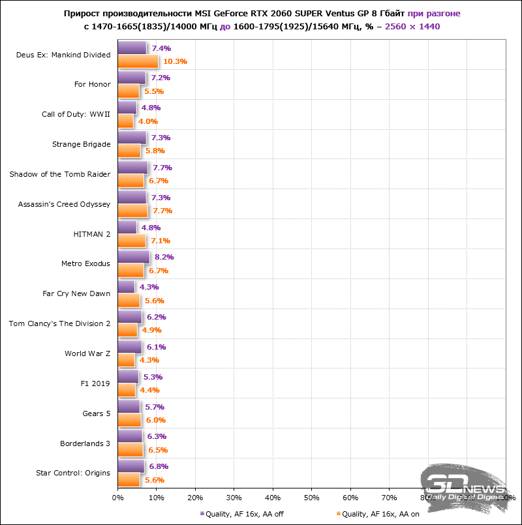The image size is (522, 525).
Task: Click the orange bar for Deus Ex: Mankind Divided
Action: coord(138,61)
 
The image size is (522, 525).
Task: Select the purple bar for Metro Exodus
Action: coord(133,257)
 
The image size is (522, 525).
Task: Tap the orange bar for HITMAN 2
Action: coord(131,241)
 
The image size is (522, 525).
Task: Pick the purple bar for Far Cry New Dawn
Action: coord(126,287)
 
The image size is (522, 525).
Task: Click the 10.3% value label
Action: coord(175,62)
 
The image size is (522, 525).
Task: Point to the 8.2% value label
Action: coord(164,257)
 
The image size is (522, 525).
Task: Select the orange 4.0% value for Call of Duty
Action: coord(147,121)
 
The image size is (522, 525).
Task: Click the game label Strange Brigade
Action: coord(81,144)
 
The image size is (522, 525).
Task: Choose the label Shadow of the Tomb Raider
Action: coord(59,174)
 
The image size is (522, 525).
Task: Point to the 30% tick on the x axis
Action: coord(234,498)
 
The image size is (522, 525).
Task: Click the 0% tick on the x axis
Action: coord(118,498)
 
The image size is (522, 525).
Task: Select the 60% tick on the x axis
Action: coord(350,498)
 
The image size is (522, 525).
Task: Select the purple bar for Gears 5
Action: coord(129,406)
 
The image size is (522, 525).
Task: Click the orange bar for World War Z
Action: coord(126,360)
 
